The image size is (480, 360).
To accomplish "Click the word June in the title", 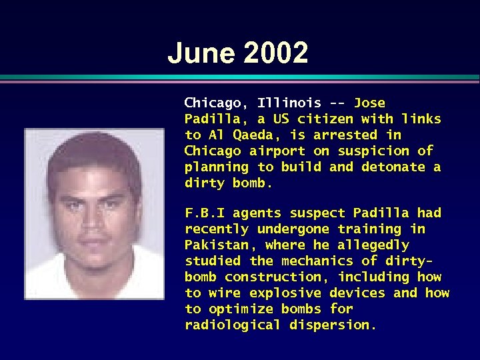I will (199, 53).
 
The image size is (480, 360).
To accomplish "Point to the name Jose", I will (369, 103).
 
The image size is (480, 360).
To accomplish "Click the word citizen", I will (325, 119).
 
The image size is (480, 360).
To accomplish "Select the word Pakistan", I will (217, 245).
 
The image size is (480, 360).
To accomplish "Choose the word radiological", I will (233, 325).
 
